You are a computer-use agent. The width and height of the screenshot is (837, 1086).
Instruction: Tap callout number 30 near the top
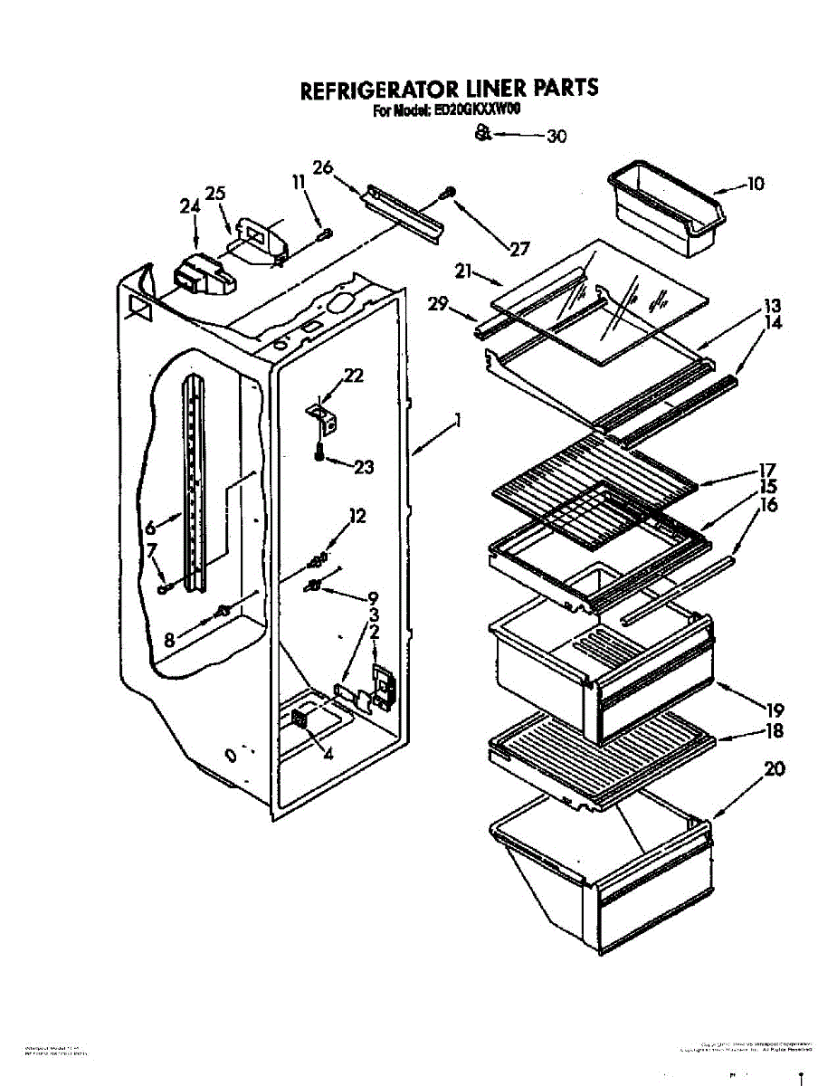coord(556,137)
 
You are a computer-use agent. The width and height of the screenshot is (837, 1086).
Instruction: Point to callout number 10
coord(754,184)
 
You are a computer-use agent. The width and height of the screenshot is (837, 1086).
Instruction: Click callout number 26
coord(323,167)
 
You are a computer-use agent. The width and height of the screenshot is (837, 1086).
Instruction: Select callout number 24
coord(188,206)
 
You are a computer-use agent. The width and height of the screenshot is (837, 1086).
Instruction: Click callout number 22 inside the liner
coord(354,375)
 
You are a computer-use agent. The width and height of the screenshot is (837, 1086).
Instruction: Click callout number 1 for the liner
coord(459,420)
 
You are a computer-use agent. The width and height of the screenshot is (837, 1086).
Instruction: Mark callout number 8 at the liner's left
coord(169,639)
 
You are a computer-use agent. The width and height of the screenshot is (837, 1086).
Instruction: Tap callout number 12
coord(357,517)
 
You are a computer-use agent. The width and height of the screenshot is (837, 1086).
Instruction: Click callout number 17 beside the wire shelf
coord(766,471)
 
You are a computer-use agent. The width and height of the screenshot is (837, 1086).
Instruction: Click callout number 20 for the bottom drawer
coord(774,769)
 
